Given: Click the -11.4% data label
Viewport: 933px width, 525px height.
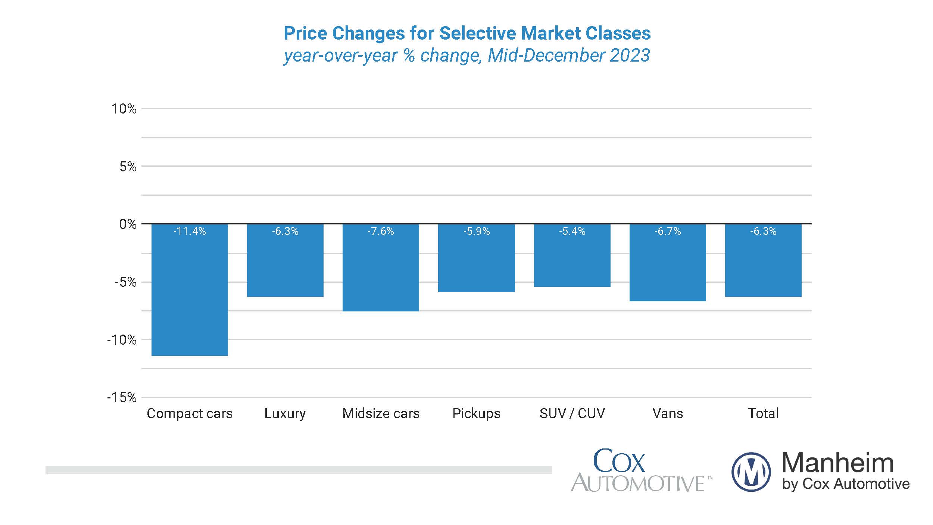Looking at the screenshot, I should pyautogui.click(x=190, y=232).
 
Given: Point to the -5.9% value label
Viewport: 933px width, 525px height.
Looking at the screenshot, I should pyautogui.click(x=477, y=232).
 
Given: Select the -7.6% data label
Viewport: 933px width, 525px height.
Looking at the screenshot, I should pyautogui.click(x=381, y=232).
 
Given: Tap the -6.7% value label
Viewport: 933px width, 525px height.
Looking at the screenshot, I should pyautogui.click(x=668, y=232).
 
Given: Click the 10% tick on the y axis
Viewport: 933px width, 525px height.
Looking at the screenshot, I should pyautogui.click(x=124, y=109).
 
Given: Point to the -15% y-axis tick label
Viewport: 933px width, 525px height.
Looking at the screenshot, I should pyautogui.click(x=122, y=397).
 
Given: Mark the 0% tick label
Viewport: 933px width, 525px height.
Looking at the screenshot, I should pyautogui.click(x=128, y=224).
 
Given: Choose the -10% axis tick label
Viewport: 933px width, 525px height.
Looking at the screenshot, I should pyautogui.click(x=122, y=340).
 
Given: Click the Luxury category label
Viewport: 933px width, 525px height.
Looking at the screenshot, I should pyautogui.click(x=285, y=413).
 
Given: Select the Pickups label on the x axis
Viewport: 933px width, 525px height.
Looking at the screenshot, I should pyautogui.click(x=476, y=413).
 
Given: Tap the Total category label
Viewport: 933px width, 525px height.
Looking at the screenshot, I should pyautogui.click(x=763, y=413).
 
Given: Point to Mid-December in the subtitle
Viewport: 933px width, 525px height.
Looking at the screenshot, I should pyautogui.click(x=546, y=55).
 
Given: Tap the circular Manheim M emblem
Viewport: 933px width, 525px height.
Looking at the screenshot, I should pyautogui.click(x=751, y=472).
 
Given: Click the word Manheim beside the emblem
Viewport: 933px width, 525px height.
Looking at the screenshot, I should pyautogui.click(x=837, y=463).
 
